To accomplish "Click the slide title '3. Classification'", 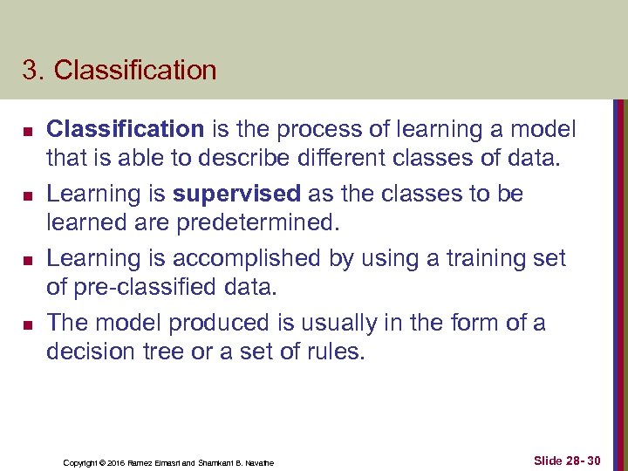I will pos(119,71).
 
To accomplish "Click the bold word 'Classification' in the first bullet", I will pos(125,130).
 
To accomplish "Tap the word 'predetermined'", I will pos(256,223).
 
